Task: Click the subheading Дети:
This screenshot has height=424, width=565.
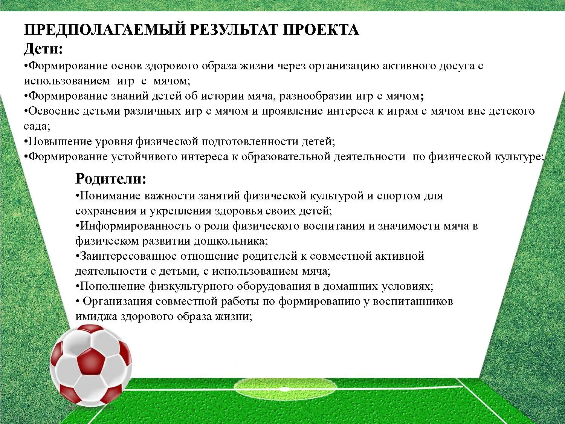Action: coord(43,49)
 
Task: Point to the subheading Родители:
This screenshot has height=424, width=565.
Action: coord(111,179)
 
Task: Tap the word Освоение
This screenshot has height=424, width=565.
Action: coord(53,111)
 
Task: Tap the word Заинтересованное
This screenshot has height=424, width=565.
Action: coord(128,256)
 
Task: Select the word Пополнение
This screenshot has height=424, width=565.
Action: coord(112,286)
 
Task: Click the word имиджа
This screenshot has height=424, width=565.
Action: coord(96,317)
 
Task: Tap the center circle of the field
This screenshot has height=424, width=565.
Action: coord(285,388)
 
